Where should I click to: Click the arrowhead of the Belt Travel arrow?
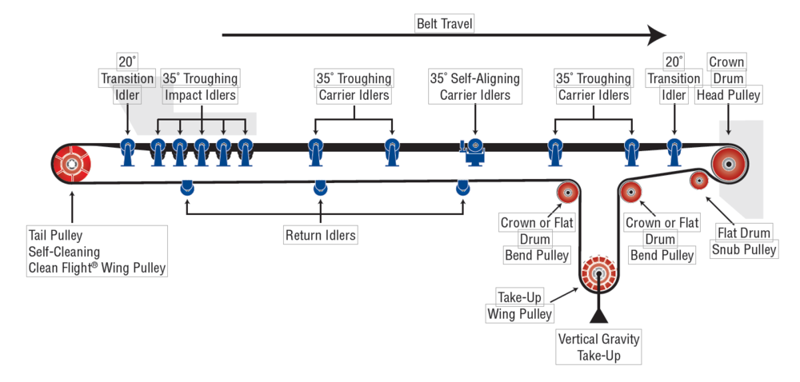[657, 34]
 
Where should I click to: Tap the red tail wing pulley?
[72, 165]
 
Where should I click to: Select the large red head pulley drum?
[728, 164]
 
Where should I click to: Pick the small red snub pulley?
[698, 181]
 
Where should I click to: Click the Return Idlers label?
[321, 235]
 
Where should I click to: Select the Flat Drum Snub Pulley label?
[744, 241]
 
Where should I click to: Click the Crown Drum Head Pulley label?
[727, 79]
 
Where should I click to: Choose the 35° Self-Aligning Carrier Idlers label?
[475, 87]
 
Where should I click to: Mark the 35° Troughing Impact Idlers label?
[200, 87]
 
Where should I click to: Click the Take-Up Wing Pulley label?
[519, 305]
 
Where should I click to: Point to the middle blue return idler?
[320, 188]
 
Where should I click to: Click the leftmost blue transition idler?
[127, 149]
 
